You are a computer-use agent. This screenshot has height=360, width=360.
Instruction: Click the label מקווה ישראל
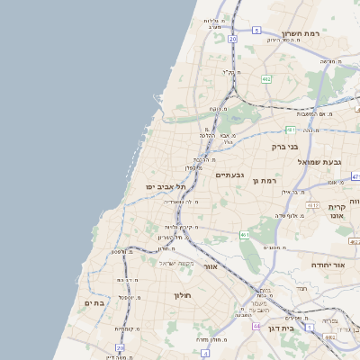pos(177,263)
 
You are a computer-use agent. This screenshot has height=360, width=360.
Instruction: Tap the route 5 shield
pos(256,31)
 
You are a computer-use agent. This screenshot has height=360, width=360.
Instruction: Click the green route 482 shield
pos(265,79)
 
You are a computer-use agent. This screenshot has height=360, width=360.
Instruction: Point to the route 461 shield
pos(244,234)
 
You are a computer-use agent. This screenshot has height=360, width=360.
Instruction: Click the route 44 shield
pos(243,315)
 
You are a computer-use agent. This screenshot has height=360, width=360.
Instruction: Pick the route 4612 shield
pos(313,205)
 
